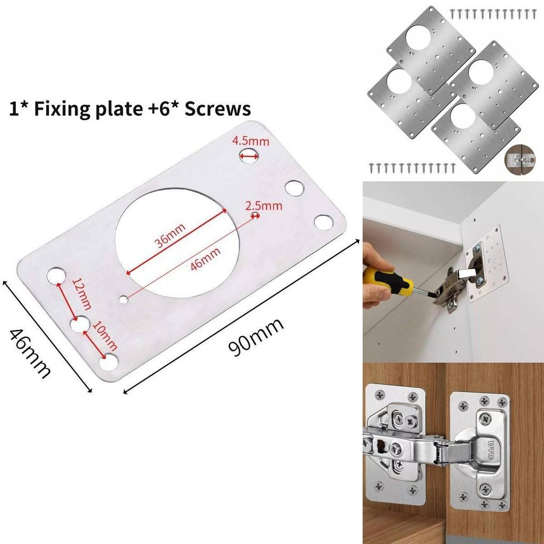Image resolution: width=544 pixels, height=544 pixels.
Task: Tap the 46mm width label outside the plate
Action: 31,353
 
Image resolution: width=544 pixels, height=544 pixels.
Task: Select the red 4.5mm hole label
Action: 251,141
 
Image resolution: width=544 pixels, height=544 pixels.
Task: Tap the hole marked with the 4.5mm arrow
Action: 249,155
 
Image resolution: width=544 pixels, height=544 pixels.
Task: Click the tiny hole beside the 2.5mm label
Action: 256,215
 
